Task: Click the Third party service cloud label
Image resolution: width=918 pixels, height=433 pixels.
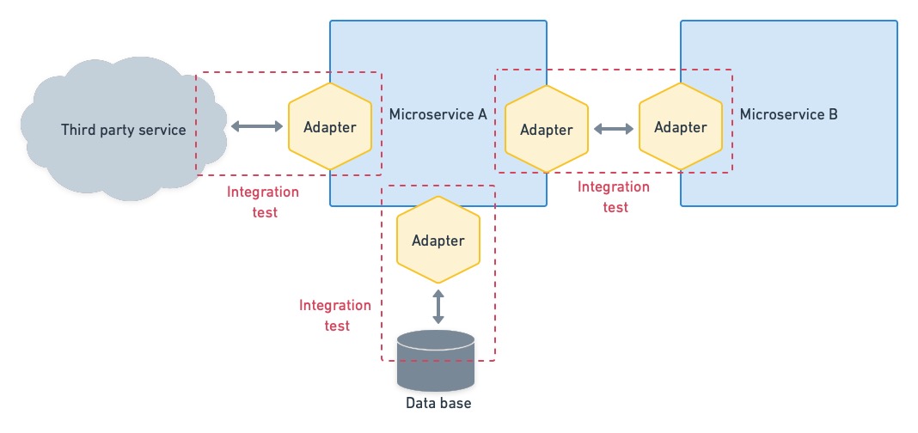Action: [x=123, y=130]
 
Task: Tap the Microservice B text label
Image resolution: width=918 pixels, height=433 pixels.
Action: [x=788, y=114]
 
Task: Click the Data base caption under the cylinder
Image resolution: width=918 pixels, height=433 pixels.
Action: [x=438, y=402]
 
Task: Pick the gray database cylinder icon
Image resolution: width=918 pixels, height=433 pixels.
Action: [x=436, y=359]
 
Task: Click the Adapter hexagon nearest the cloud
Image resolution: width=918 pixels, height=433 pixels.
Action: [x=330, y=127]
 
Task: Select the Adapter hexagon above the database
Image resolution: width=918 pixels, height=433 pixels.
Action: [x=438, y=241]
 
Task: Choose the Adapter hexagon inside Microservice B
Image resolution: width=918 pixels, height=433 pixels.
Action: [x=681, y=127]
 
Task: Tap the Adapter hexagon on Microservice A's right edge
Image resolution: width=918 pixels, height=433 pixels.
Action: [x=547, y=130]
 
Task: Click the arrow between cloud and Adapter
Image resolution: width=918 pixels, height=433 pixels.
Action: [x=258, y=127]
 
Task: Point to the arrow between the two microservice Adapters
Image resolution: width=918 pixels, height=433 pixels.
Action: [x=614, y=129]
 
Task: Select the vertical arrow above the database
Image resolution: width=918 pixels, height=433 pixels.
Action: [x=438, y=307]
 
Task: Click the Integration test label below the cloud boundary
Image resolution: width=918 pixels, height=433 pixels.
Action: [x=263, y=202]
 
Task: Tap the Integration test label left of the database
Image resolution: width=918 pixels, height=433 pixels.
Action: [x=336, y=315]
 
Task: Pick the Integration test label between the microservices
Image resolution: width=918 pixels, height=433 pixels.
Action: [x=614, y=197]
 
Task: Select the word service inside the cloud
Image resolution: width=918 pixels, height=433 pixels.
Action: [x=164, y=130]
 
